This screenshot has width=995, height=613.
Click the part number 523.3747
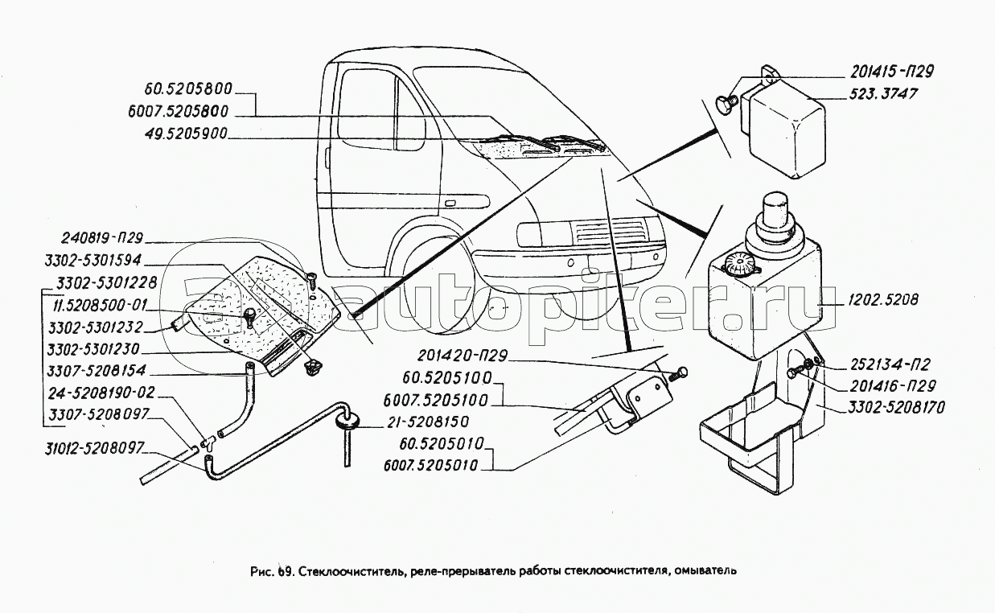(x=883, y=95)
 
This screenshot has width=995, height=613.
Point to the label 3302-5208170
(x=895, y=408)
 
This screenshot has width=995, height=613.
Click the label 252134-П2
(x=883, y=365)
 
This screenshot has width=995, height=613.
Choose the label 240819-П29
(x=102, y=238)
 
